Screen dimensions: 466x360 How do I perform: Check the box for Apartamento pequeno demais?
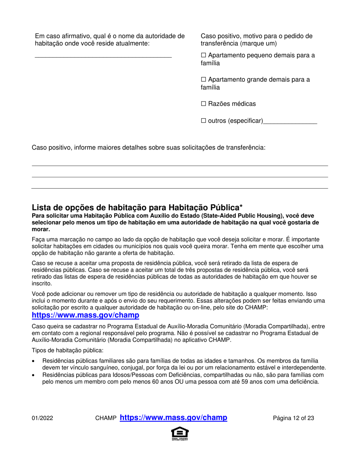pyautogui.click(x=203, y=56)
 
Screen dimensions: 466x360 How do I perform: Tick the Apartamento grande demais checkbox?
pyautogui.click(x=203, y=80)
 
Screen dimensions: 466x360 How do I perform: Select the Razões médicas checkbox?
pyautogui.click(x=203, y=104)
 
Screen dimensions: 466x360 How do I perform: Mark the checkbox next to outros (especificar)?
pyautogui.click(x=203, y=121)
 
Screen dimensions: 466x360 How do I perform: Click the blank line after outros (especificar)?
pyautogui.click(x=290, y=122)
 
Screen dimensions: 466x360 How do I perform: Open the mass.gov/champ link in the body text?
pyautogui.click(x=85, y=315)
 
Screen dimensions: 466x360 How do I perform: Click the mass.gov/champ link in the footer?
pyautogui.click(x=173, y=418)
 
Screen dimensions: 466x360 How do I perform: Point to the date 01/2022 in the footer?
pyautogui.click(x=42, y=419)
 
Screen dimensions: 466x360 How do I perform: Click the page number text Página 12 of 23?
pyautogui.click(x=293, y=419)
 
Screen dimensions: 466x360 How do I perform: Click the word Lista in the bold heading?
pyautogui.click(x=40, y=207)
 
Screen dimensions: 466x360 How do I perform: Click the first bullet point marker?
pyautogui.click(x=34, y=361)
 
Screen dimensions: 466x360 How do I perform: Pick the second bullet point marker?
pyautogui.click(x=34, y=375)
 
